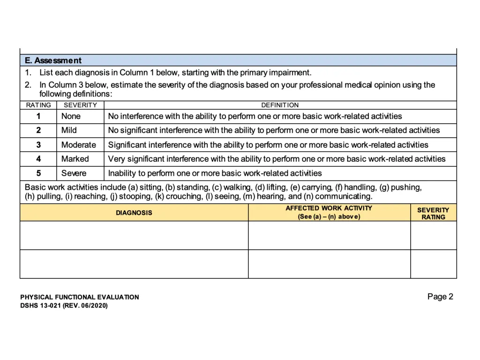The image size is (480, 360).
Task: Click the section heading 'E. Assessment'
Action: click(x=53, y=60)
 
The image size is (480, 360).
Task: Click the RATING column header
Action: click(x=38, y=105)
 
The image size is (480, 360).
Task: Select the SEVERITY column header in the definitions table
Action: click(x=80, y=105)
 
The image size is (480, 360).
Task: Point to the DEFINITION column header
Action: click(x=280, y=105)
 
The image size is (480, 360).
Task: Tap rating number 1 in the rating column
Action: click(x=38, y=116)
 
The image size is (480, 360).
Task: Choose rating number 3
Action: click(x=38, y=145)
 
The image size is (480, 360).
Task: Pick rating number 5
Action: click(x=38, y=173)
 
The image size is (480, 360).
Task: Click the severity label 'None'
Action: click(x=71, y=116)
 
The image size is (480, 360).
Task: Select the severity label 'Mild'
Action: click(x=69, y=130)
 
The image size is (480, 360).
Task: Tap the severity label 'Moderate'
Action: click(x=78, y=145)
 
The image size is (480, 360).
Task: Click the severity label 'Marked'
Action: click(x=75, y=159)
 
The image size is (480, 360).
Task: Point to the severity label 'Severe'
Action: click(x=74, y=173)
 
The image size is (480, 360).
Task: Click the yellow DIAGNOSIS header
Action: click(x=134, y=213)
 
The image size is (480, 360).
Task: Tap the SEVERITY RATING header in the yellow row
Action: click(x=433, y=213)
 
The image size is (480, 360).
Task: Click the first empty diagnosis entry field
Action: click(x=134, y=235)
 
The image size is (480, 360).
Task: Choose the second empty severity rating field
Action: click(x=433, y=264)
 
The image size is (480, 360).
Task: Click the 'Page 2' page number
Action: click(x=440, y=296)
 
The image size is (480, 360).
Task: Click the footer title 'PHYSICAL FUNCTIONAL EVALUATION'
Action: click(x=80, y=297)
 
